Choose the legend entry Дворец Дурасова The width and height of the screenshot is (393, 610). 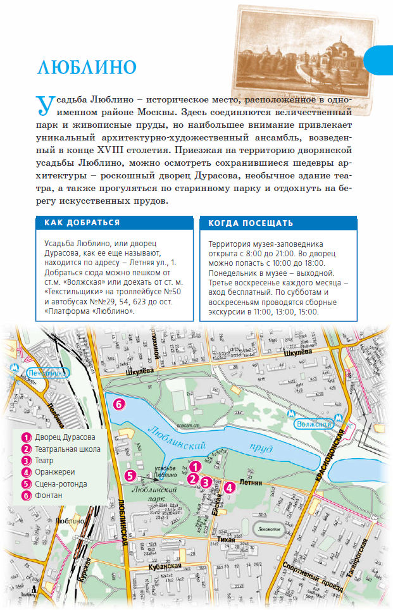65,437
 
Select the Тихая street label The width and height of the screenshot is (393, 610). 226,538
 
